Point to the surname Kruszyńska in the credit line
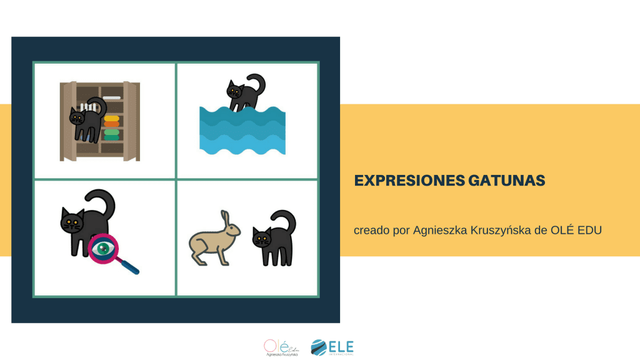pyautogui.click(x=497, y=230)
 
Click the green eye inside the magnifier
pyautogui.click(x=102, y=246)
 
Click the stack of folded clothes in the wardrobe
pyautogui.click(x=111, y=127)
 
